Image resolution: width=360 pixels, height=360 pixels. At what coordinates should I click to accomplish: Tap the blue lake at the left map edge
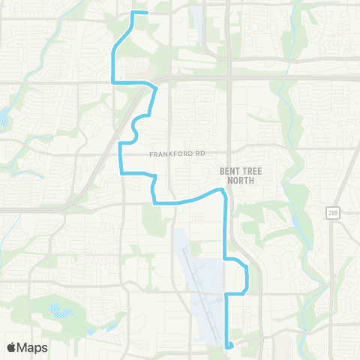(x=2, y=116)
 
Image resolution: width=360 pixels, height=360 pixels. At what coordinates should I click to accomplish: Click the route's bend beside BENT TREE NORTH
(x=223, y=193)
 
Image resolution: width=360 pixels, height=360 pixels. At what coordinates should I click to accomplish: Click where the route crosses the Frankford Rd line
(x=121, y=155)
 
